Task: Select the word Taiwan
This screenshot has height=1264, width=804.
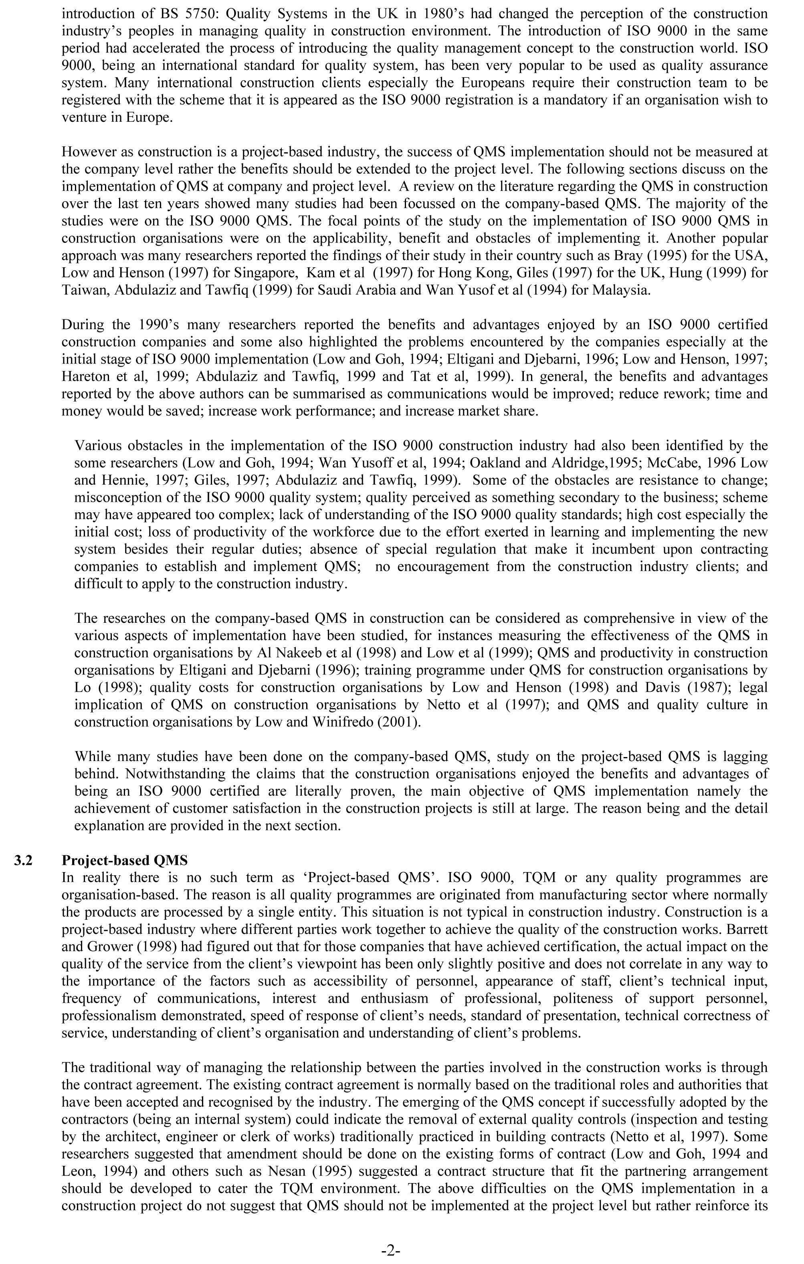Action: tap(84, 290)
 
